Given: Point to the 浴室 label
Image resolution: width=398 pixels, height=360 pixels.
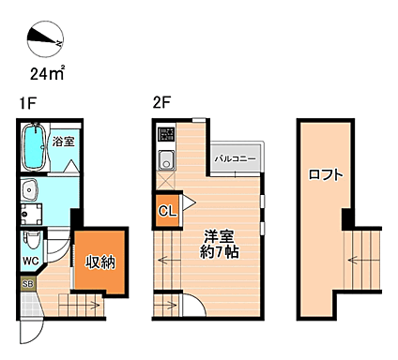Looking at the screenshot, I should point(64,142).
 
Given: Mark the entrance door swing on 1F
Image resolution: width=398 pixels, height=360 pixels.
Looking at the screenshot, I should point(30,326).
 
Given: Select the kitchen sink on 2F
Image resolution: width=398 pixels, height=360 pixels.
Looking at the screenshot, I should point(166,157).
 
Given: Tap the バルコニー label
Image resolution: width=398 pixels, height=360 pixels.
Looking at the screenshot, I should point(233,159).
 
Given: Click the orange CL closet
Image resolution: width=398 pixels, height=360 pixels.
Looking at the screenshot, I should point(166,211).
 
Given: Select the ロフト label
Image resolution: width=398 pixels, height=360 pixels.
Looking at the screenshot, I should point(326,173).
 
